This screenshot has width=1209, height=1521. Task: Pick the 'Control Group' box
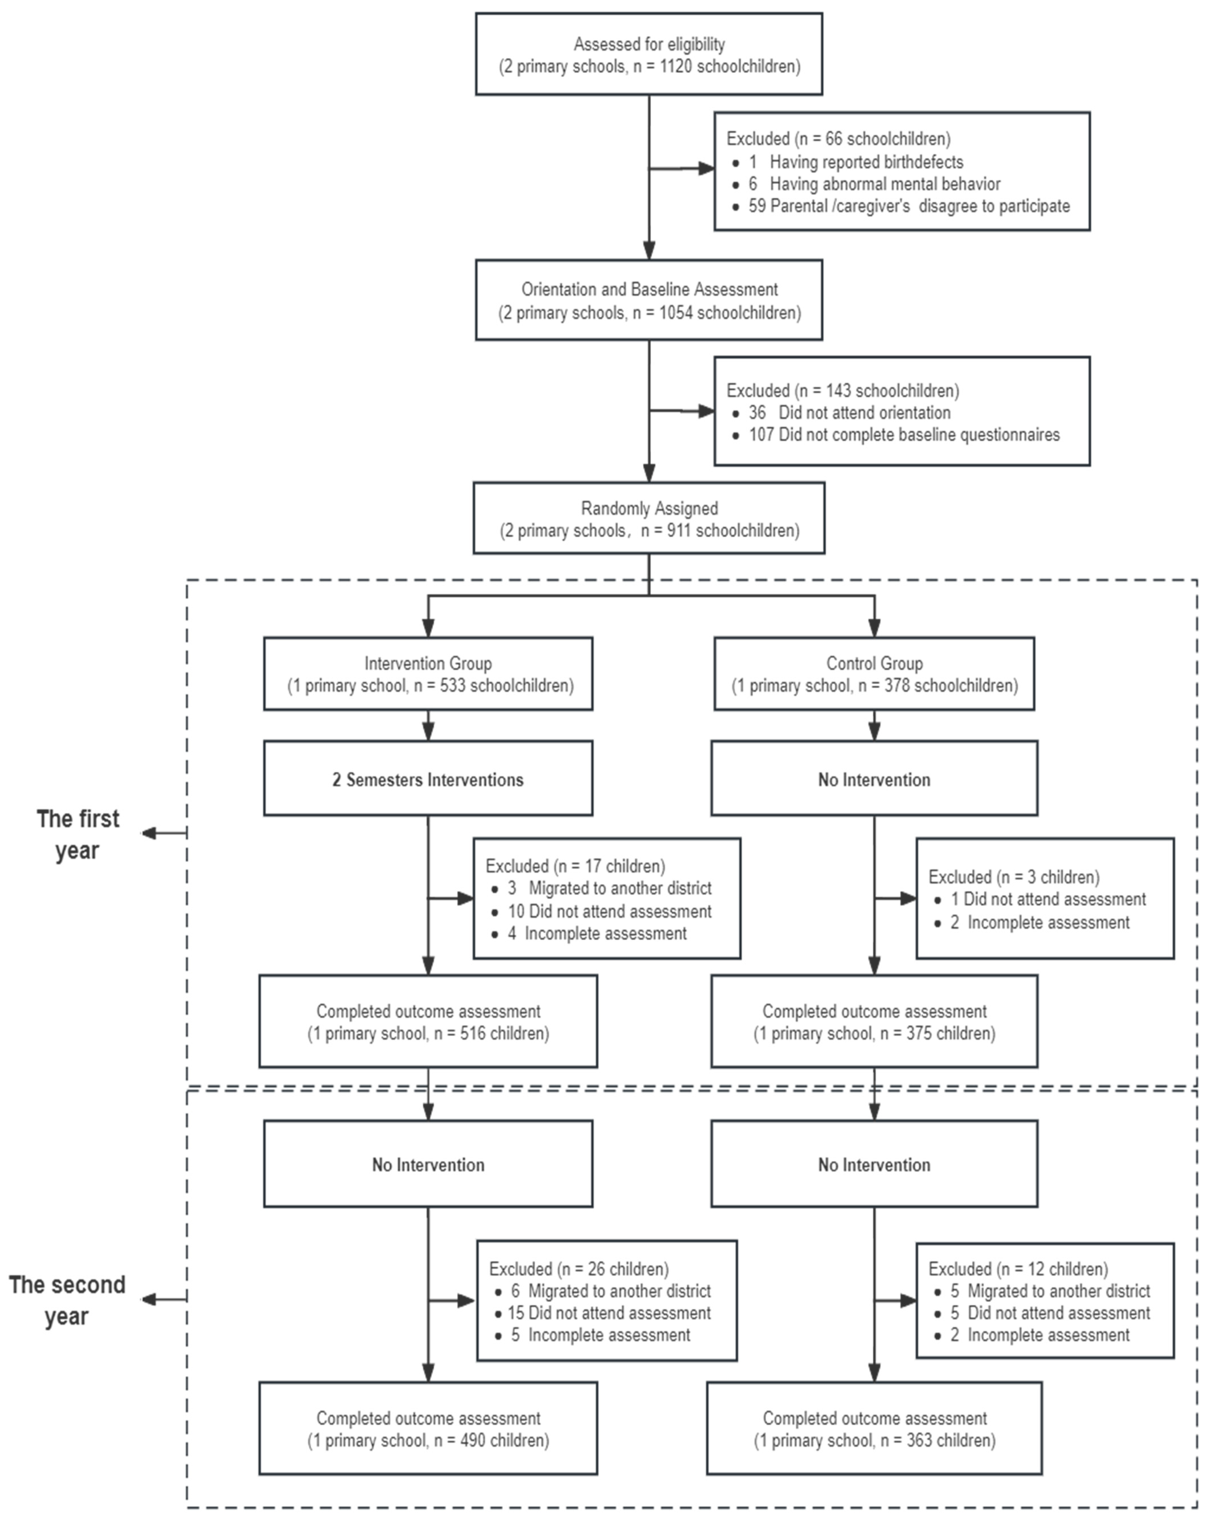click(x=874, y=674)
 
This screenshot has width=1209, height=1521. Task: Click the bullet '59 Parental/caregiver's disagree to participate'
click(x=908, y=206)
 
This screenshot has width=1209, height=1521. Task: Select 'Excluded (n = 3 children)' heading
click(x=1014, y=877)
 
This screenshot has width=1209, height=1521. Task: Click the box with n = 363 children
click(x=874, y=1429)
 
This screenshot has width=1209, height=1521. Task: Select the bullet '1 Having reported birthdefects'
click(x=856, y=162)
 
